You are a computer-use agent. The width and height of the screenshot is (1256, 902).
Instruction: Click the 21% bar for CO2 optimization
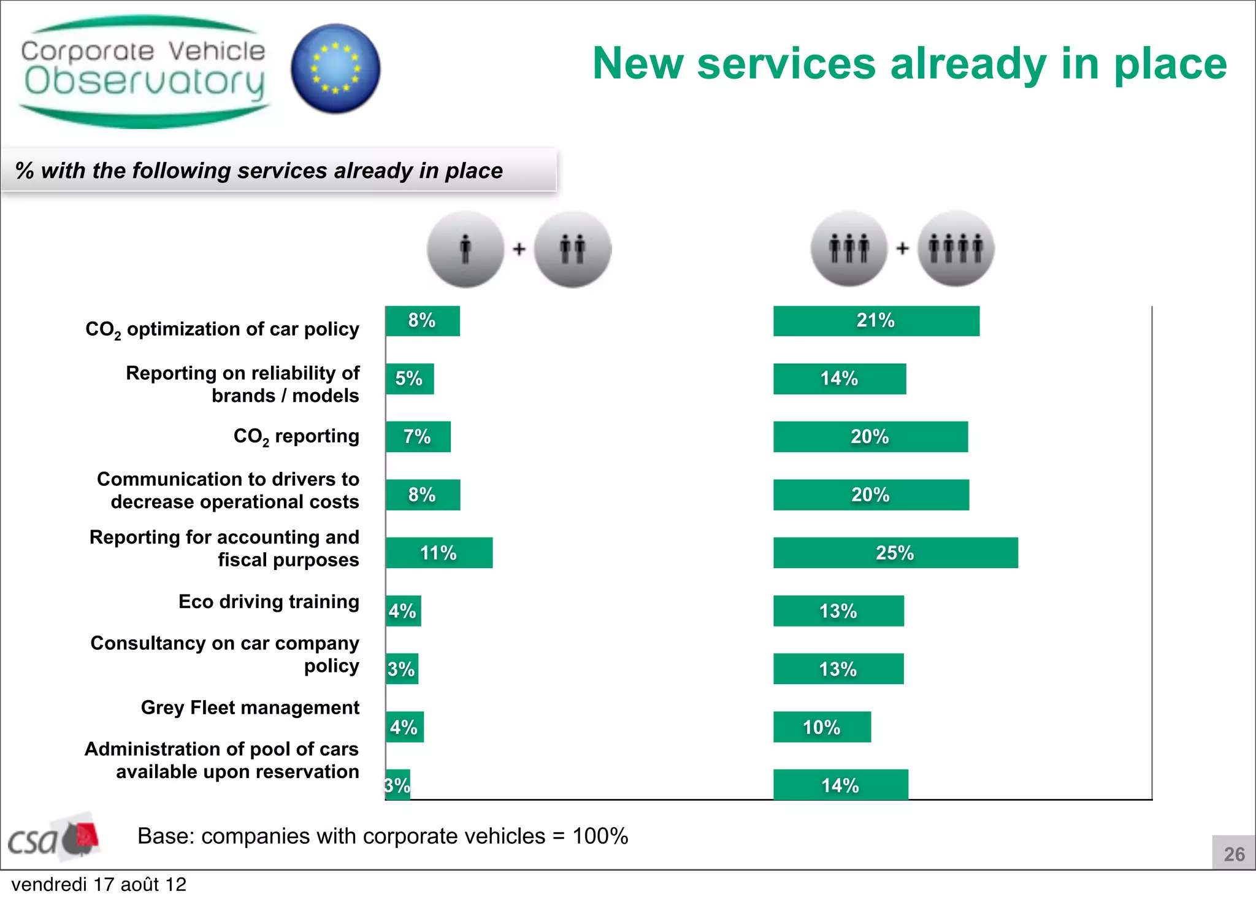pyautogui.click(x=876, y=321)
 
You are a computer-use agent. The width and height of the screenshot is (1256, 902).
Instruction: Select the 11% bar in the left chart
pyautogui.click(x=439, y=553)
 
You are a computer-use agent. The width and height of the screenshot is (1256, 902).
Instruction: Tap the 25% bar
pyautogui.click(x=895, y=553)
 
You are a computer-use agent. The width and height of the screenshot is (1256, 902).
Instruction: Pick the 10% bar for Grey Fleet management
pyautogui.click(x=822, y=727)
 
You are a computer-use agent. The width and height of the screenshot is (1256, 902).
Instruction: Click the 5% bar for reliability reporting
pyautogui.click(x=410, y=379)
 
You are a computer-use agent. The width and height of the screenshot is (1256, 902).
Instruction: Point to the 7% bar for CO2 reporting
pyautogui.click(x=418, y=437)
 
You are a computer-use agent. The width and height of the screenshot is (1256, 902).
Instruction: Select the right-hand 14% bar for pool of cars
pyautogui.click(x=840, y=785)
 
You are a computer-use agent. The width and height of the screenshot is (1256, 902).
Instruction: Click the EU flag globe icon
pyautogui.click(x=335, y=69)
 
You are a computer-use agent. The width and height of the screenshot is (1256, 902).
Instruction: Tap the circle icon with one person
pyautogui.click(x=465, y=249)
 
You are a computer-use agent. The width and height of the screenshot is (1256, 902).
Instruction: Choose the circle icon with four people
pyautogui.click(x=955, y=249)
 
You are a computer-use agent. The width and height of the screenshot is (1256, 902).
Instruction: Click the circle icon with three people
pyautogui.click(x=849, y=249)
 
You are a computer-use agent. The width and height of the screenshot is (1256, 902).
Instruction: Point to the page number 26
pyautogui.click(x=1234, y=854)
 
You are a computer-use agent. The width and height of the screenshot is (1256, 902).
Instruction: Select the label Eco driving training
pyautogui.click(x=269, y=601)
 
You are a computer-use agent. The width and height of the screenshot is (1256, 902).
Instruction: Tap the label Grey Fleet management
pyautogui.click(x=250, y=707)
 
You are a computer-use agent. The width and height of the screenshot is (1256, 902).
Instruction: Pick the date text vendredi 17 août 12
pyautogui.click(x=99, y=885)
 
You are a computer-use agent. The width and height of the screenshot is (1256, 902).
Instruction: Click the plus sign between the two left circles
pyautogui.click(x=519, y=249)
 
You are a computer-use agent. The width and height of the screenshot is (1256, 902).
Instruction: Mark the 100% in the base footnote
pyautogui.click(x=600, y=836)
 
